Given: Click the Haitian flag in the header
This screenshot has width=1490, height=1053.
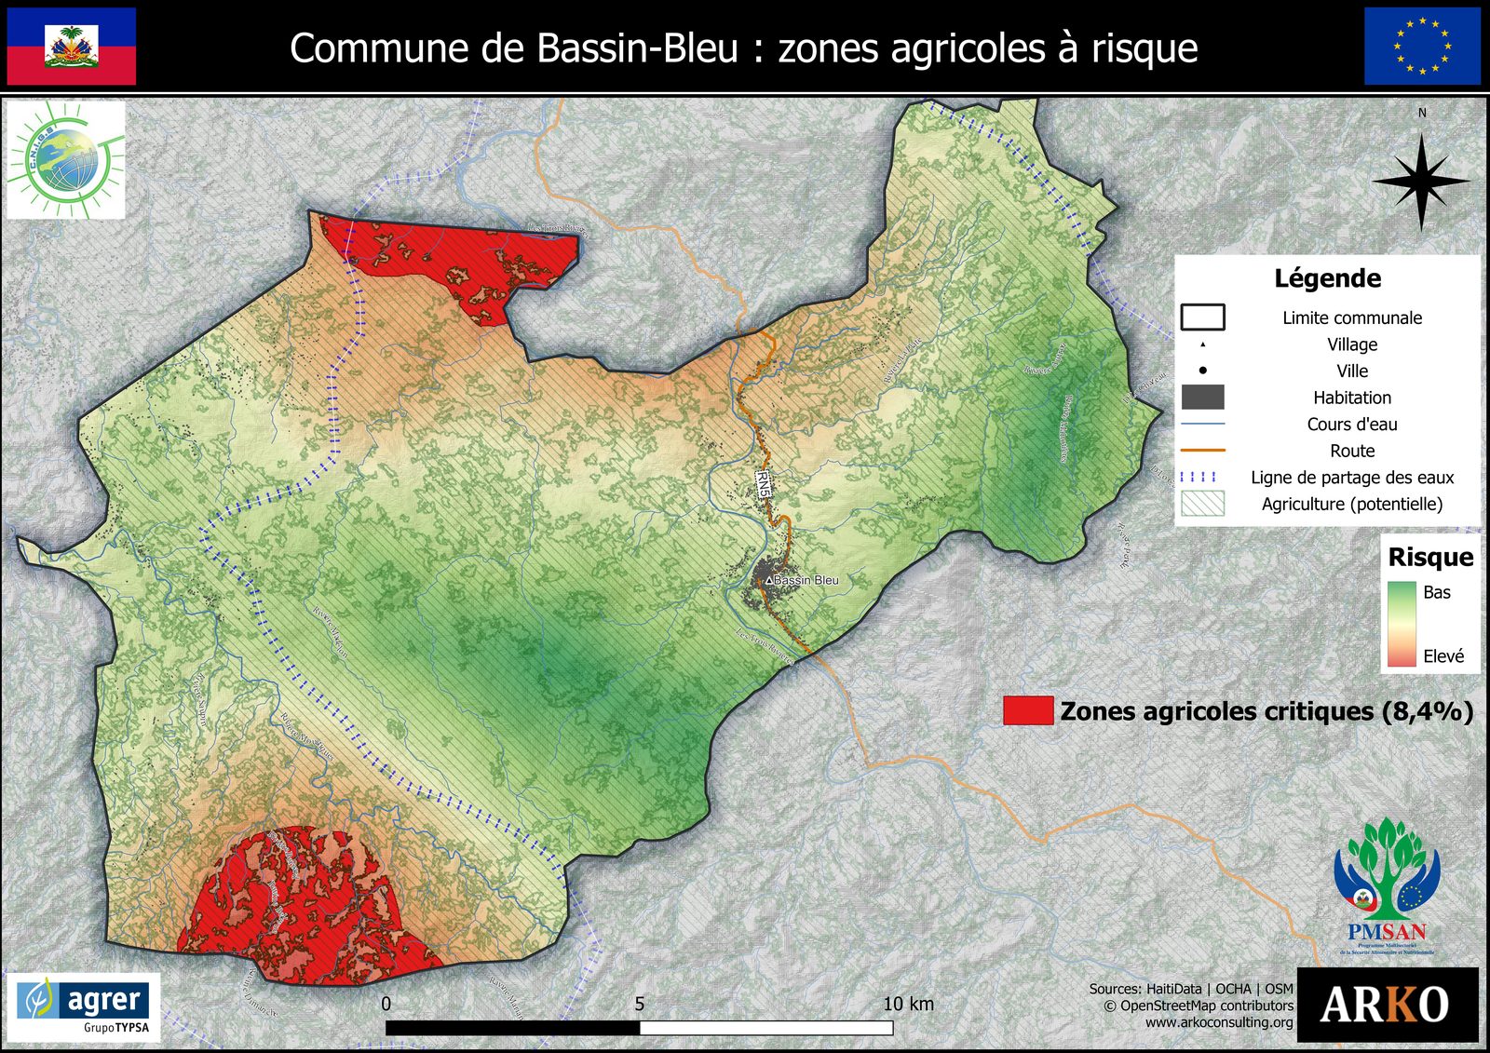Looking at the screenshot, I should [72, 47].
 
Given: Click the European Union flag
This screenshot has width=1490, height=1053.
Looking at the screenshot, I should [1421, 47].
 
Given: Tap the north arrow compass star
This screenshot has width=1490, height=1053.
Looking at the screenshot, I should [1421, 182].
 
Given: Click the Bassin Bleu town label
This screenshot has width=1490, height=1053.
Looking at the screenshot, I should [806, 580].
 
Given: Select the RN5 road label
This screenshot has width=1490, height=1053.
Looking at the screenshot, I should [764, 483].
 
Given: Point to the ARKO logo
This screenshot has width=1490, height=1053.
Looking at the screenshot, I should [1386, 1005].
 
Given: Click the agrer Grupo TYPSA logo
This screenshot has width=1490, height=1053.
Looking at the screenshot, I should [84, 1007].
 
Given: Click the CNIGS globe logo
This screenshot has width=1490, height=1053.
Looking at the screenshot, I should [65, 159].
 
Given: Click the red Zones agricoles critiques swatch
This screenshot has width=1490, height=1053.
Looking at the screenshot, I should [1028, 710].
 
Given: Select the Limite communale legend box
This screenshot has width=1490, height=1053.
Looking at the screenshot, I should [1202, 317].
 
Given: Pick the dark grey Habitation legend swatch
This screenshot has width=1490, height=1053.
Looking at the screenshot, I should [1202, 398].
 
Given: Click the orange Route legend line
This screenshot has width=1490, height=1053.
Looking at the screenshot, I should [1202, 451].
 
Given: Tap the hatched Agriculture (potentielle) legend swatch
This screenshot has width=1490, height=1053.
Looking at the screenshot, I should [1202, 504].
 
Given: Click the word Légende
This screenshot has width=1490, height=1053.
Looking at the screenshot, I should [1327, 278].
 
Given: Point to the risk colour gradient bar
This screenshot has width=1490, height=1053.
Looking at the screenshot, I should [1401, 624].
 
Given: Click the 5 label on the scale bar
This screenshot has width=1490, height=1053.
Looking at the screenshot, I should [639, 1005].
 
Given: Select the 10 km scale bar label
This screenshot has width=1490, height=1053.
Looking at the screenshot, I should [908, 1004].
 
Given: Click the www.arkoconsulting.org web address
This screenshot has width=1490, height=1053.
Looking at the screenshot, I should [1219, 1022].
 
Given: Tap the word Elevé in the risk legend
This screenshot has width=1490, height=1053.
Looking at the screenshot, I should [1443, 656].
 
